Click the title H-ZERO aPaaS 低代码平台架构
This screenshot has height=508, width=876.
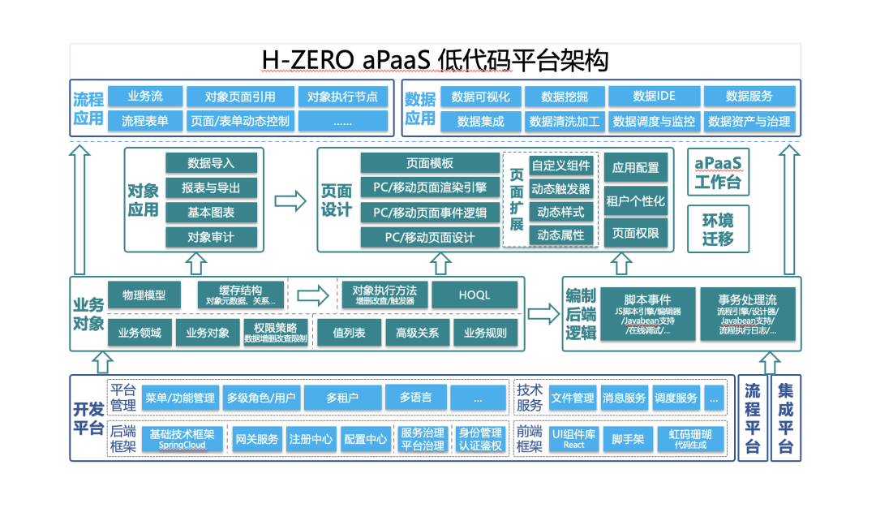435,60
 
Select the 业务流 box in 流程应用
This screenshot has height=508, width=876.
144,97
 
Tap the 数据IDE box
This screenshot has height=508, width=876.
653,97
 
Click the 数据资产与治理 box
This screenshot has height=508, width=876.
749,122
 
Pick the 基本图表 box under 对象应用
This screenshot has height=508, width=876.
211,213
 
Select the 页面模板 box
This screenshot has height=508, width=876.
430,163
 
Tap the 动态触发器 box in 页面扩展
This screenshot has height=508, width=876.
560,189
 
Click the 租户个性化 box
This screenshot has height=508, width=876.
635,201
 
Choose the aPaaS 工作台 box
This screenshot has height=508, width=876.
718,172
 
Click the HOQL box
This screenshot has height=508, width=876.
474,295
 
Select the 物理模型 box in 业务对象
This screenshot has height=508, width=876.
144,295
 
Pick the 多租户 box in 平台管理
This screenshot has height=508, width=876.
342,398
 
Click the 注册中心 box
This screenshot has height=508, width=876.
311,440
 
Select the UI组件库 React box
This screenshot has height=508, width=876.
573,439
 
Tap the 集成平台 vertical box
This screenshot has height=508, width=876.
785,419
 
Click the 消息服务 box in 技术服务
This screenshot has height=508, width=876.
624,398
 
